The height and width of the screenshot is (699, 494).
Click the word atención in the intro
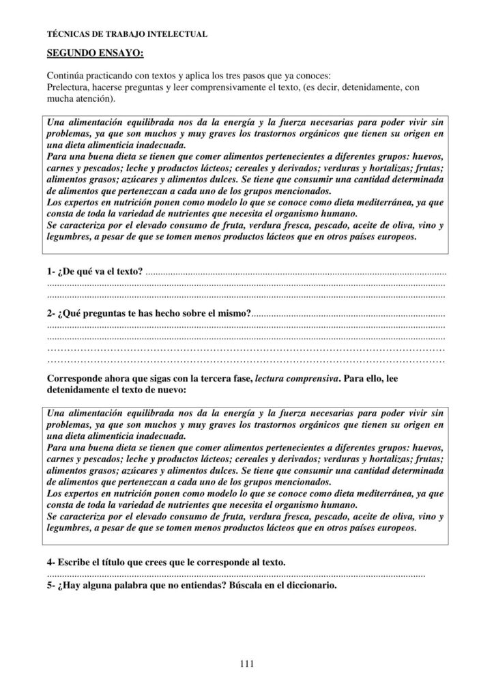click(88, 99)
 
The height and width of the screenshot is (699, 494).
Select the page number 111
click(247, 662)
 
